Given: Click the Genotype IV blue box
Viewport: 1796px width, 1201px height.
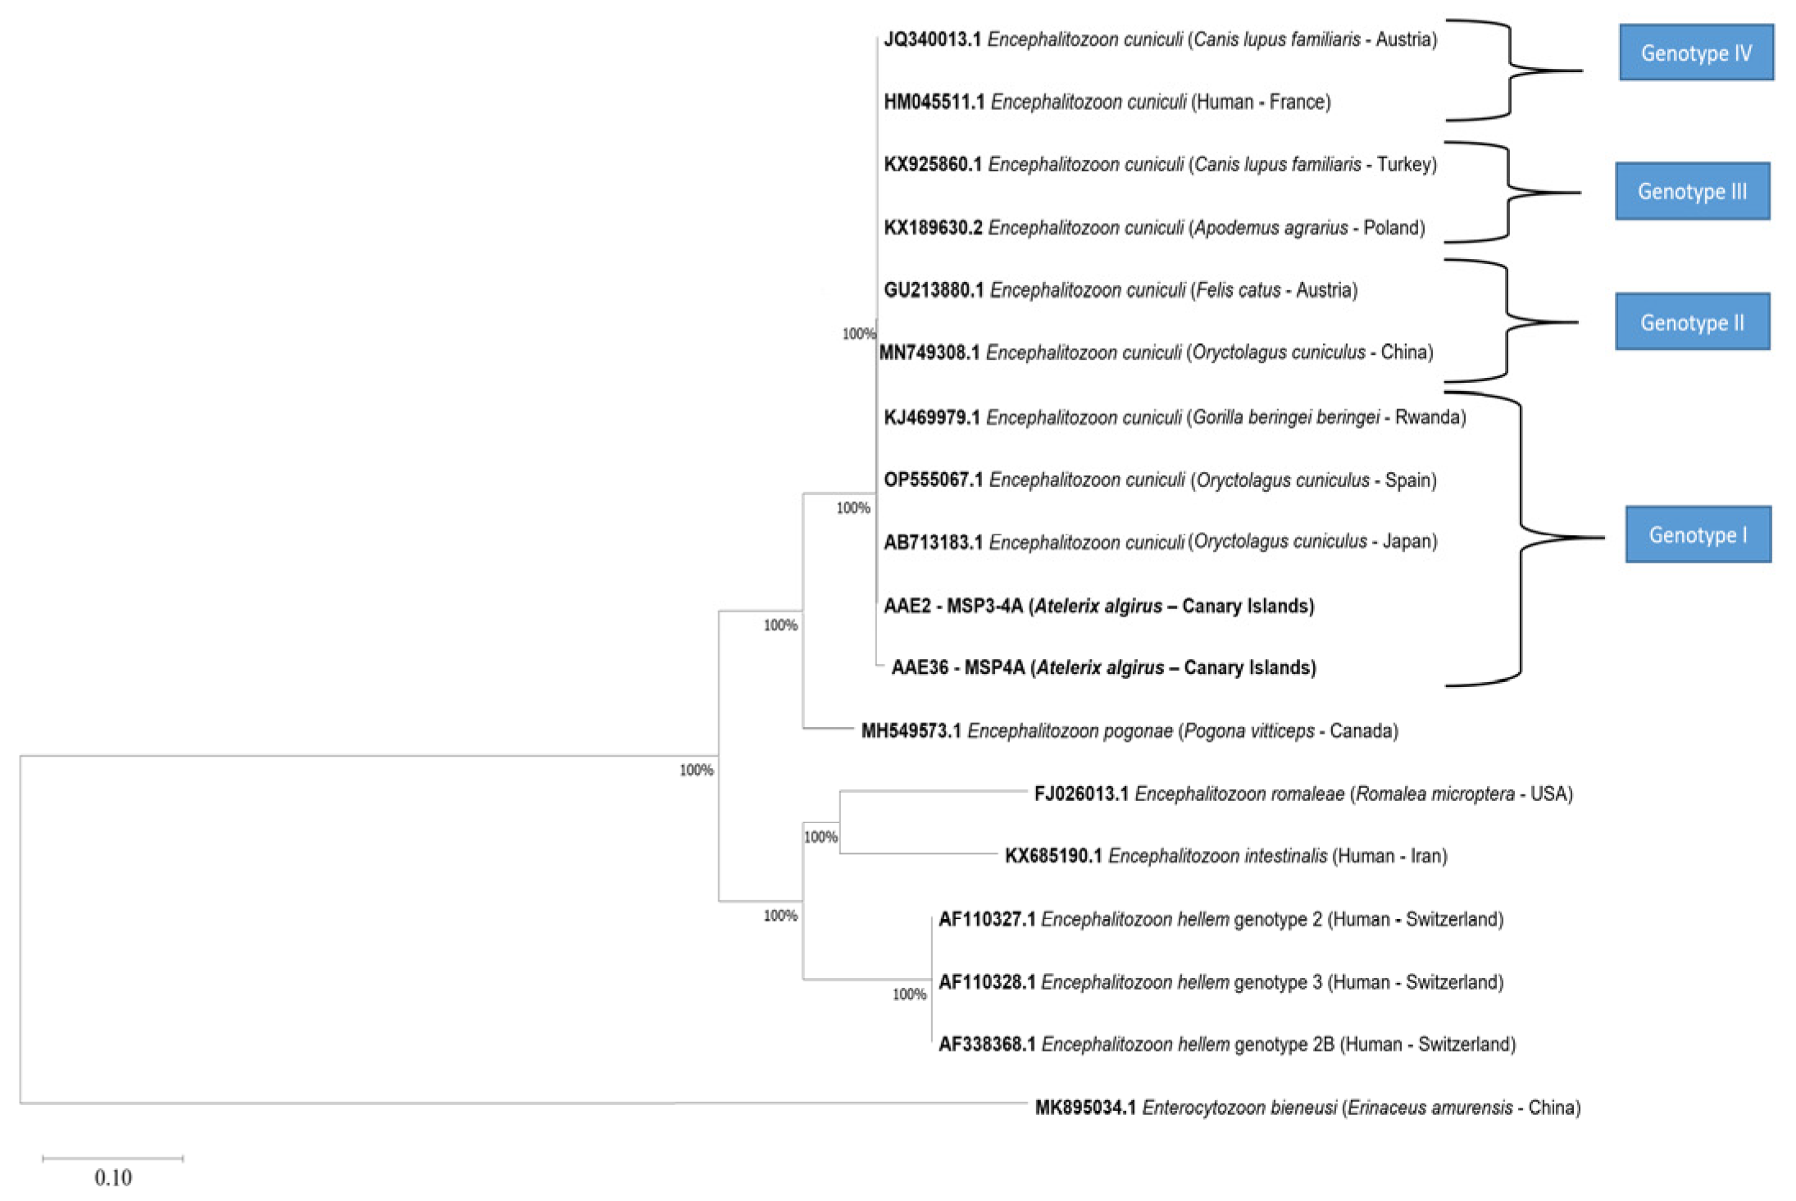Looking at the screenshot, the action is [1695, 53].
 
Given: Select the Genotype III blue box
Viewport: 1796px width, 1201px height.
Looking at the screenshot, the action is [1692, 192].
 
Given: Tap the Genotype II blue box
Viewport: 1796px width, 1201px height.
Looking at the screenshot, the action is [1692, 322].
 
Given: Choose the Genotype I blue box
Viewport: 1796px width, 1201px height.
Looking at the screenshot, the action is [1698, 535].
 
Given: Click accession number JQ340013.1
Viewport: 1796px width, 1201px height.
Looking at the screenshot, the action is [932, 39].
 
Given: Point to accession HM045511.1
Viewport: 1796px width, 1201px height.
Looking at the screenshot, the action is [934, 102].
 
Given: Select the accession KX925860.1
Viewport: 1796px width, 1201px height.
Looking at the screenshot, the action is [932, 165].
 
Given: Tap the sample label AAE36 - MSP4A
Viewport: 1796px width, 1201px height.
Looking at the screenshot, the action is [957, 668].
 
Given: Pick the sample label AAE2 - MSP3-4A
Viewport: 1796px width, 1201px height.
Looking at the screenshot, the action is [953, 607].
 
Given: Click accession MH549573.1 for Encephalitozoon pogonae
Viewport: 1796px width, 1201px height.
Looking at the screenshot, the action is [911, 731].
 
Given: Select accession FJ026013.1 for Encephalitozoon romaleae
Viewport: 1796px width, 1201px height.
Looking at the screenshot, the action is [1081, 794].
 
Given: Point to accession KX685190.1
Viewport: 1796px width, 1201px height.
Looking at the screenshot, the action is [1053, 857].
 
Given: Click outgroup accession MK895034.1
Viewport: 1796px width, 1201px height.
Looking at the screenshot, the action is [1085, 1108].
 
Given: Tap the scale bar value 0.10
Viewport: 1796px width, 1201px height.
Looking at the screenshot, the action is [113, 1178].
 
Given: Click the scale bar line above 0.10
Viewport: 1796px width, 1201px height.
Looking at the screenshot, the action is [113, 1158].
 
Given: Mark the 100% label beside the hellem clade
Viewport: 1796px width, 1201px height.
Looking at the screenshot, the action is [909, 994].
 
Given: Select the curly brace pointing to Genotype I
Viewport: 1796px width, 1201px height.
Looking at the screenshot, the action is [1523, 539].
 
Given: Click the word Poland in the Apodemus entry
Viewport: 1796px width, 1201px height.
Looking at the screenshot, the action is [1394, 228].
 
